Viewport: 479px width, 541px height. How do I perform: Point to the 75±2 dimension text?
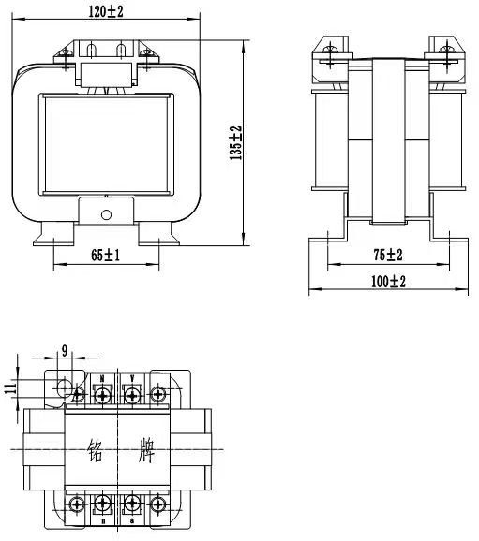(x=387, y=255)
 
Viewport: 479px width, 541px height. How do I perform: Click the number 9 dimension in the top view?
(x=64, y=352)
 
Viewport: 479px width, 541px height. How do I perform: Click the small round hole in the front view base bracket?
(x=105, y=215)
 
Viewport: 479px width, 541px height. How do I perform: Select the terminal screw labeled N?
(x=102, y=396)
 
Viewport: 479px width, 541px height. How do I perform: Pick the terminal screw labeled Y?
(x=132, y=396)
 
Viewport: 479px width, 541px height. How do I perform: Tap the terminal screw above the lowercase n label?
(x=102, y=505)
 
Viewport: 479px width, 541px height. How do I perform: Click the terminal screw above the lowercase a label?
(x=132, y=505)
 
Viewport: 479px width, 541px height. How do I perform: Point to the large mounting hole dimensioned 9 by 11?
(x=63, y=388)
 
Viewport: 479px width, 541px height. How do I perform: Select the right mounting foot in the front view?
(x=161, y=237)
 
